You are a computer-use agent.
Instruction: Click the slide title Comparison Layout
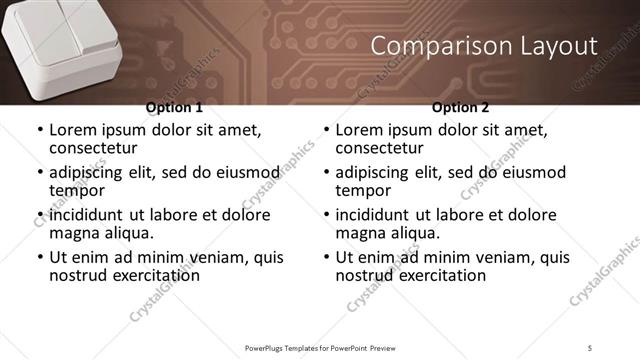pos(483,46)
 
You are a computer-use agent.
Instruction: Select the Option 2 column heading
pos(460,108)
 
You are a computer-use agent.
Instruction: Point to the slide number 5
pos(590,347)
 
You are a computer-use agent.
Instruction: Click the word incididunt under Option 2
pos(376,215)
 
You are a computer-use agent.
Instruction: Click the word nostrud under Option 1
pos(77,275)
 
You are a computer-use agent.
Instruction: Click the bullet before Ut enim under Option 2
pos(326,258)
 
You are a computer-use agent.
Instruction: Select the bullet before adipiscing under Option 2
pos(326,172)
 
